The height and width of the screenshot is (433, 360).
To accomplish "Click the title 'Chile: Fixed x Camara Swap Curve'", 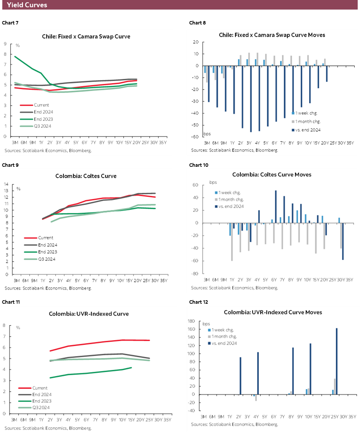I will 86,37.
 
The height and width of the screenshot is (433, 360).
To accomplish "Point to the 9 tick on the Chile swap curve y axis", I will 5,44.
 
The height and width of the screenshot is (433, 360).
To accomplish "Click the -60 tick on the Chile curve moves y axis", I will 195,137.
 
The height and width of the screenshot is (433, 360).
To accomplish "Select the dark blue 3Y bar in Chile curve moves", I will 251,99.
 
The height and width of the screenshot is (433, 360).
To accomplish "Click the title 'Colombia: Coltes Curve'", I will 86,176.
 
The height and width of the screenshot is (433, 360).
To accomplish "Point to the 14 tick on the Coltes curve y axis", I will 6,184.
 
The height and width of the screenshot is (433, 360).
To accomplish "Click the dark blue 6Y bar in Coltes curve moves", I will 276,207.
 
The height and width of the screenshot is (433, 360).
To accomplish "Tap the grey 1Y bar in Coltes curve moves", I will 232,242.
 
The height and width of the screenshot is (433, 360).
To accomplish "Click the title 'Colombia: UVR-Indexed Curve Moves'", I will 273,312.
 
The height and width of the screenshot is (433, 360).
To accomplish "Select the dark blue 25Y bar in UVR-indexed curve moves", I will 337,361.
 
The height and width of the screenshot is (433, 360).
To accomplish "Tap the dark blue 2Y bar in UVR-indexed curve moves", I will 240,376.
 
